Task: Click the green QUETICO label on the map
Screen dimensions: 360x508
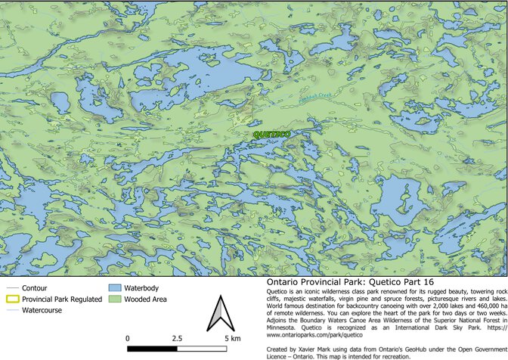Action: [272, 134]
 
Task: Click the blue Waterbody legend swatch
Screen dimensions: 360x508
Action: [115, 288]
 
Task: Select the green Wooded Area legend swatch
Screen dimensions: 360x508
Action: [115, 299]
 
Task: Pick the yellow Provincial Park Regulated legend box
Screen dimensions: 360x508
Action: [11, 299]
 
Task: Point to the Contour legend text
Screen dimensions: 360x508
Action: [36, 288]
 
